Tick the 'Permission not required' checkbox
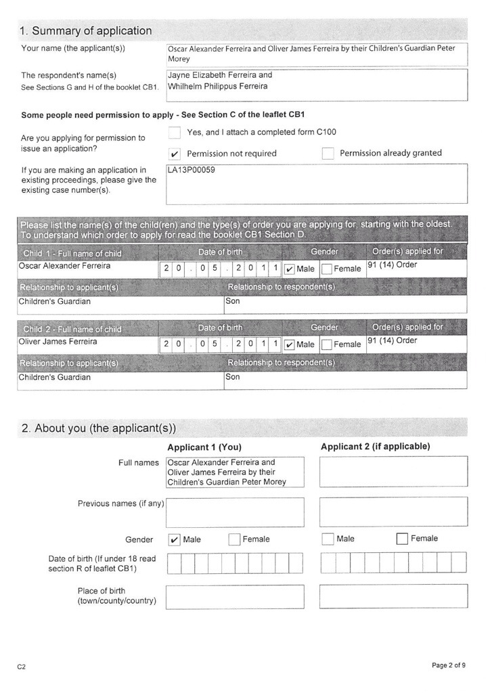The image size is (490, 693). point(175,154)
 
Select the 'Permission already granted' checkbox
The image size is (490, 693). point(328,154)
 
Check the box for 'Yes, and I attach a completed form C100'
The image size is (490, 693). point(175,132)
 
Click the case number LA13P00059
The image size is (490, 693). point(192,170)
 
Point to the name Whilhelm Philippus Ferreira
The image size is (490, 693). point(218,86)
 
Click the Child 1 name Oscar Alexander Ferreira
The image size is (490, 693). point(64,266)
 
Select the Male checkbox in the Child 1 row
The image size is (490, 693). point(290,269)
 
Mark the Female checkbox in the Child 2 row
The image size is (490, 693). point(327,344)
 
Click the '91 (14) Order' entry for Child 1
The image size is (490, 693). point(393,265)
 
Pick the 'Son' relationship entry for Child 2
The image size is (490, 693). point(233,377)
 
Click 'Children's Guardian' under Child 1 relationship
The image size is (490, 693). point(54,301)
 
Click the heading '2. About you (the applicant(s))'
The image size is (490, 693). point(98,428)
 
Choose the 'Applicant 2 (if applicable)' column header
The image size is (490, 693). point(375,447)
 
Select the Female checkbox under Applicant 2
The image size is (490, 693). point(402,539)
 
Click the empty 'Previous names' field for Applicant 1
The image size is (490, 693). point(235,512)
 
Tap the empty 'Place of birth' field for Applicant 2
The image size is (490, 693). point(393,596)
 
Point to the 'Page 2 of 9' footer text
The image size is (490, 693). point(448,665)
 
